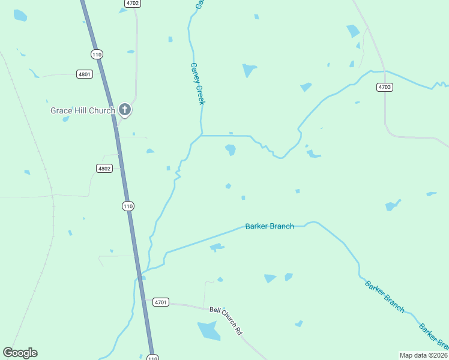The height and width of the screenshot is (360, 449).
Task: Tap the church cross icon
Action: point(125,109)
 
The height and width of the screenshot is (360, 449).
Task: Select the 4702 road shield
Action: point(133,3)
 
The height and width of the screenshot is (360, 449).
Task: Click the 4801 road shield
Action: point(85,74)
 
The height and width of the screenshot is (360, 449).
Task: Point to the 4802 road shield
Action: point(104,169)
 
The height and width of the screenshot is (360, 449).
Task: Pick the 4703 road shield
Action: point(385,87)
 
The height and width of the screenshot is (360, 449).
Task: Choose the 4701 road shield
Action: point(160,302)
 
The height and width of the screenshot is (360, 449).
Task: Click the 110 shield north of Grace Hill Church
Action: point(97,54)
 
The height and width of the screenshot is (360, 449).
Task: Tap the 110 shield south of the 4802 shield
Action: point(127,206)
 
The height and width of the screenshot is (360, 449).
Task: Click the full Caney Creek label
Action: point(197,84)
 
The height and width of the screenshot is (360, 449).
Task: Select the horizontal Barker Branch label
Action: point(270,226)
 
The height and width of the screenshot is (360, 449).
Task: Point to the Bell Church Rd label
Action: point(226,320)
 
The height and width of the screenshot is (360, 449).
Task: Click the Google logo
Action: point(20,353)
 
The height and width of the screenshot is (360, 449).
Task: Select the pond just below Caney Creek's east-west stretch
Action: point(231,149)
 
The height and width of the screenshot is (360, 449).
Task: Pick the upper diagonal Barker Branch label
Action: point(384,295)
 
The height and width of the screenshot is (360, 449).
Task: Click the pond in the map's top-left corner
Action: point(20,16)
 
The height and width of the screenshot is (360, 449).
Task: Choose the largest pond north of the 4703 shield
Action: point(353,31)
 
